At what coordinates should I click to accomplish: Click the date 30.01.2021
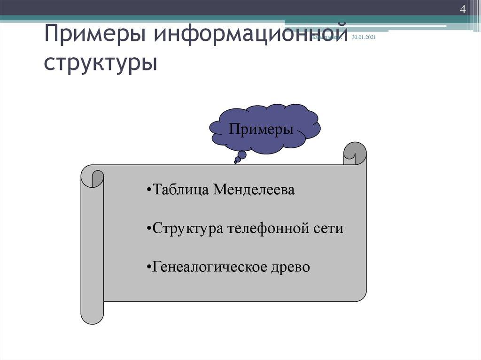click(x=364, y=38)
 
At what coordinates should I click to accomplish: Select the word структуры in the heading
click(x=101, y=63)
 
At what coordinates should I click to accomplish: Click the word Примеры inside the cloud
click(x=261, y=129)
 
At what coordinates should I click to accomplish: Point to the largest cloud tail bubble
click(x=242, y=154)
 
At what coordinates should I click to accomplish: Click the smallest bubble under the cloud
click(x=235, y=162)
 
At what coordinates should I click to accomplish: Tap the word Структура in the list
click(x=188, y=229)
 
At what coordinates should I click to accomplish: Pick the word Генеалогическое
click(x=209, y=267)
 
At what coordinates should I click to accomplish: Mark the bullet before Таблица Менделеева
click(x=148, y=191)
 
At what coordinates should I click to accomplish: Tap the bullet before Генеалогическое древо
click(x=148, y=268)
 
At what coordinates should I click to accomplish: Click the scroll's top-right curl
click(x=355, y=153)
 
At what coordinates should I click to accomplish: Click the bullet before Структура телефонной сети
click(x=148, y=229)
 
